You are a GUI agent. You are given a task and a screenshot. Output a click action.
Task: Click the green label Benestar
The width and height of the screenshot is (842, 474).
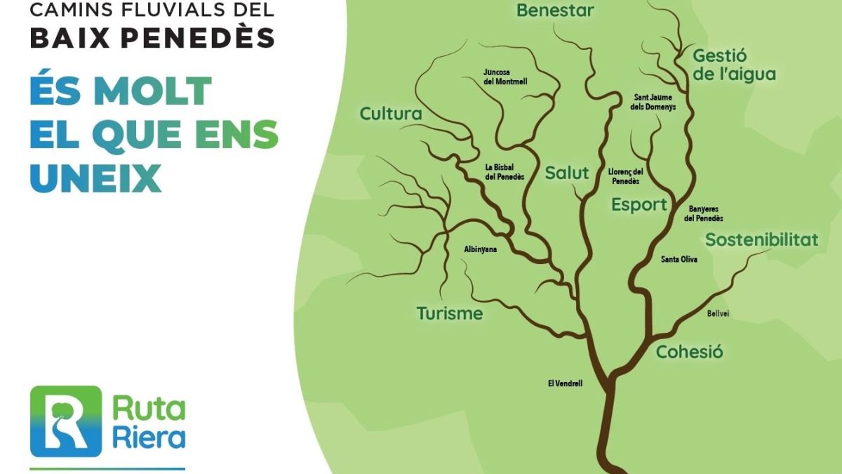[x=555, y=11]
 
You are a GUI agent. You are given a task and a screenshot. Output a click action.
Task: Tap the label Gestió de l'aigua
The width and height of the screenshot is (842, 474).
[x=733, y=65]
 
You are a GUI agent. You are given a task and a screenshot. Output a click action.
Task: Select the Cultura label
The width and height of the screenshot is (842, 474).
[x=391, y=114]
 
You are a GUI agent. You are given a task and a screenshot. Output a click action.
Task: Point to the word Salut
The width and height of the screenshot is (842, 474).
[x=567, y=173]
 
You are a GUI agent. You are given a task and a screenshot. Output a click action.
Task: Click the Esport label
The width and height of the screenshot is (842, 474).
[x=639, y=205]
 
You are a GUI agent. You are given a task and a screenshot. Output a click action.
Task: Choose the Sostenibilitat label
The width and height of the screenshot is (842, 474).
[x=761, y=239]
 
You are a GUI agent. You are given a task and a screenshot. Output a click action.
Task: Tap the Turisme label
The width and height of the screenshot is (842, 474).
[x=450, y=313]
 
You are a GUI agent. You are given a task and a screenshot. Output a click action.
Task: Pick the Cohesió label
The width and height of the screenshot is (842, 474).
[x=689, y=352]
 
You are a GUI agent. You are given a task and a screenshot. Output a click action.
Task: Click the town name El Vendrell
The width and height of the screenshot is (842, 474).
[x=565, y=383]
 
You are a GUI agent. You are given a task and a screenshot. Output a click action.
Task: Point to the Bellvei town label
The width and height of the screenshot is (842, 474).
[x=718, y=313]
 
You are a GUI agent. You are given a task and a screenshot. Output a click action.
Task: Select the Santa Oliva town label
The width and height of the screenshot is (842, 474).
[x=679, y=260]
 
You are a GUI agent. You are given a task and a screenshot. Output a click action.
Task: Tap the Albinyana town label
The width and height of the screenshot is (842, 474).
[x=481, y=249]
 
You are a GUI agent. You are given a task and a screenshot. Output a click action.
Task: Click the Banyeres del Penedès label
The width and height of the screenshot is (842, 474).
[x=704, y=213]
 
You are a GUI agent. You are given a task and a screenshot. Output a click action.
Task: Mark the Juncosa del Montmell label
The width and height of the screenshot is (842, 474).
[x=505, y=77]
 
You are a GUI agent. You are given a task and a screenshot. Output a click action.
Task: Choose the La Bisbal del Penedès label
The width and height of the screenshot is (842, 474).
[x=504, y=172]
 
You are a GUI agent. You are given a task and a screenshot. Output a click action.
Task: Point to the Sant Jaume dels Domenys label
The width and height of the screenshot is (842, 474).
[x=654, y=102]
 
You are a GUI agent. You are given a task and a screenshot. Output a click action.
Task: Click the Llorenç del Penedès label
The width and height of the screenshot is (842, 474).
[x=625, y=176]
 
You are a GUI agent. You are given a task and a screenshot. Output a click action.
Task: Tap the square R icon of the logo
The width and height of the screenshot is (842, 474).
[x=66, y=421]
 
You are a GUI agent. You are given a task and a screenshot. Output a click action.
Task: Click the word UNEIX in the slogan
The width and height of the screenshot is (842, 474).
[x=96, y=178]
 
